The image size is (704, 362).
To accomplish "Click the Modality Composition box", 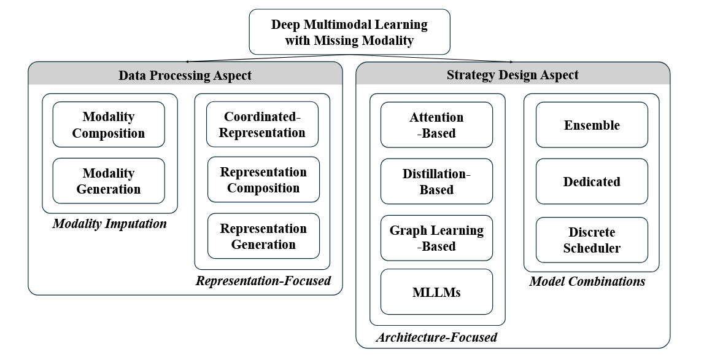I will tap(109, 125).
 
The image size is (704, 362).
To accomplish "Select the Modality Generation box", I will tap(109, 181).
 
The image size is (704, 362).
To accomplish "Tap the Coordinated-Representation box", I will tap(263, 125).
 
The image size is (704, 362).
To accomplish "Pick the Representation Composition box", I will tap(263, 180).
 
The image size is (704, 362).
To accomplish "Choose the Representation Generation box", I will tap(263, 237).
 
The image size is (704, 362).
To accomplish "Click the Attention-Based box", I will tap(436, 125).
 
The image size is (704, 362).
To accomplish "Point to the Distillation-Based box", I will tap(436, 181).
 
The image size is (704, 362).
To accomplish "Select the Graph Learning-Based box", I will tap(436, 238).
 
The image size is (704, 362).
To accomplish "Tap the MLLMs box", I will tap(436, 292).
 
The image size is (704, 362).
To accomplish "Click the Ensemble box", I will tap(592, 125).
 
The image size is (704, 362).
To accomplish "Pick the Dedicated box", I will tap(592, 181).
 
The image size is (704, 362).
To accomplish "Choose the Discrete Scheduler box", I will tap(592, 240).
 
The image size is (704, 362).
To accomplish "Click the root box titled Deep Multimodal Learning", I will tap(349, 33).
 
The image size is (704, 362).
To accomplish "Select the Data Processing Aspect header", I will tap(185, 75).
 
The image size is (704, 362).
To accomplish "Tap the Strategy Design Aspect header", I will tap(513, 75).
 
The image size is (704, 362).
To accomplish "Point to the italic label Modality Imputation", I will tap(109, 224).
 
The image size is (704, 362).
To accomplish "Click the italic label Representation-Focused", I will tap(263, 281).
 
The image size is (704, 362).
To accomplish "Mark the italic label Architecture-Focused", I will tap(436, 337).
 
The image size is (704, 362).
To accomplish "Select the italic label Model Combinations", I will tap(587, 281).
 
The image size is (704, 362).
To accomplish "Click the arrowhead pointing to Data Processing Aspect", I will tap(187, 61).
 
